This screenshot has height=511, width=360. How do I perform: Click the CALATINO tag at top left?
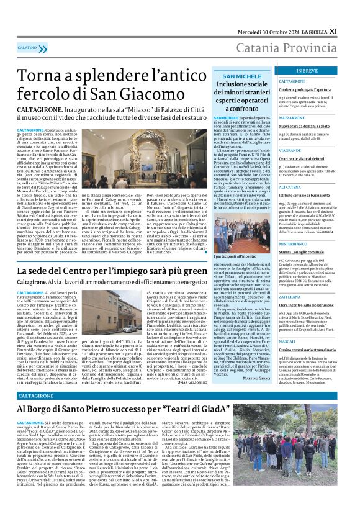click(x=28, y=47)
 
